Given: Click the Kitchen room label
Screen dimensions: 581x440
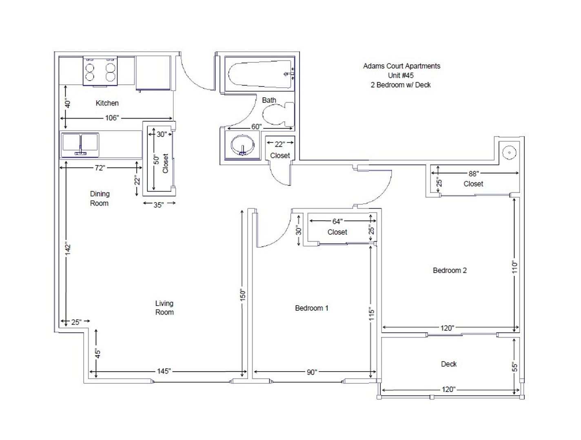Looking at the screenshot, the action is coord(107,103).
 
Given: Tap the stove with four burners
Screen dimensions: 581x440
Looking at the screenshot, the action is coord(100,71).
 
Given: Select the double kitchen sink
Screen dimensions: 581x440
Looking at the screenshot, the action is coord(80,145).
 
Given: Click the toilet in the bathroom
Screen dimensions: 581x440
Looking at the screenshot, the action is coord(278,114).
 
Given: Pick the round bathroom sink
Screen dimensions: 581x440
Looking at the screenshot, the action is coord(242,145).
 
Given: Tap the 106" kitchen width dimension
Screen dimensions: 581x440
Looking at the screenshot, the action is coord(112,118).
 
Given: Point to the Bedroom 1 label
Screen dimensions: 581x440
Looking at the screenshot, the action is coord(312,308).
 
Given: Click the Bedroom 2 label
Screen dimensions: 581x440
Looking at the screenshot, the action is coord(450,270).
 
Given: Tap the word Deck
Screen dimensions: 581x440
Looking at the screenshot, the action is coord(449,364).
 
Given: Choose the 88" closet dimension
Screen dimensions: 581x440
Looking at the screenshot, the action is coord(474,174).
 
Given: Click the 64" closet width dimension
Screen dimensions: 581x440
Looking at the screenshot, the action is coord(337,221).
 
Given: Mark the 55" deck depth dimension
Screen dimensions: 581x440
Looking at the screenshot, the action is coord(514,367).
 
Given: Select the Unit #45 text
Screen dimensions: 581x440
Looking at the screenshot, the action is coord(401,75).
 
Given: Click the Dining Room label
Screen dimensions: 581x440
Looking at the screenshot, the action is coord(100,198).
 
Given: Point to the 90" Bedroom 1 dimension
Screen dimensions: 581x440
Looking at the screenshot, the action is coord(312,372).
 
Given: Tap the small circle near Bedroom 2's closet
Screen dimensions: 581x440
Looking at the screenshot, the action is coord(509,152).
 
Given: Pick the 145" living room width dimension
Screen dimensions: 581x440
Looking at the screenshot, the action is coord(164,371).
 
